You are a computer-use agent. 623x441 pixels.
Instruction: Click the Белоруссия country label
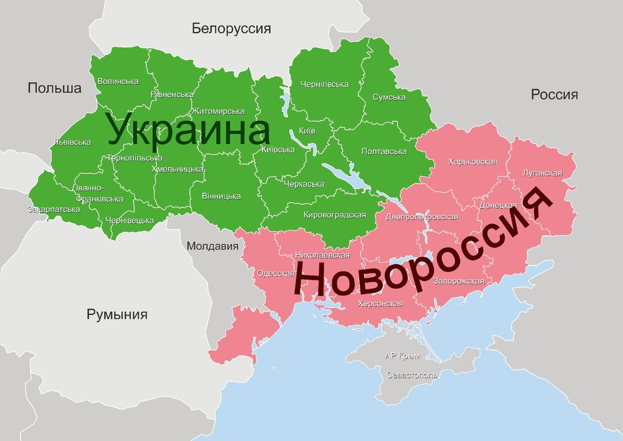[231, 28]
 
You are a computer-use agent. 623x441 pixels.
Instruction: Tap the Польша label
[55, 88]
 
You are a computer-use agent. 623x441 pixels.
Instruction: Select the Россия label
[554, 95]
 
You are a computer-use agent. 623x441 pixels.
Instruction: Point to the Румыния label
[117, 314]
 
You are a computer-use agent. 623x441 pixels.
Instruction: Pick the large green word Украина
[189, 130]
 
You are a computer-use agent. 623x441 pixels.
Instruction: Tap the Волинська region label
[118, 82]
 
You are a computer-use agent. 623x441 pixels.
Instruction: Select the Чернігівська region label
[324, 84]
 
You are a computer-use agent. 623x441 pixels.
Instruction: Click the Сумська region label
[389, 97]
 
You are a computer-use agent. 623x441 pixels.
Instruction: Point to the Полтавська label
[384, 151]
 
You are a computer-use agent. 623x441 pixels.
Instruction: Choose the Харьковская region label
[472, 162]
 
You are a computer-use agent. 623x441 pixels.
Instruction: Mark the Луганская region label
[543, 173]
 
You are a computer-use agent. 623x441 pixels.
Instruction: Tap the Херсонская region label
[381, 304]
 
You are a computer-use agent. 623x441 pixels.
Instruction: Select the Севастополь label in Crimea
[412, 375]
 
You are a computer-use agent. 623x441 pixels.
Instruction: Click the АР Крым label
[402, 356]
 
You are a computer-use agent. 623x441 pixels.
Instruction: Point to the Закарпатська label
[53, 209]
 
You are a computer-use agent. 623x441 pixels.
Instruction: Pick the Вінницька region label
[222, 196]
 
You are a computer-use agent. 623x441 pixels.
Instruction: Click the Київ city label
[307, 131]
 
